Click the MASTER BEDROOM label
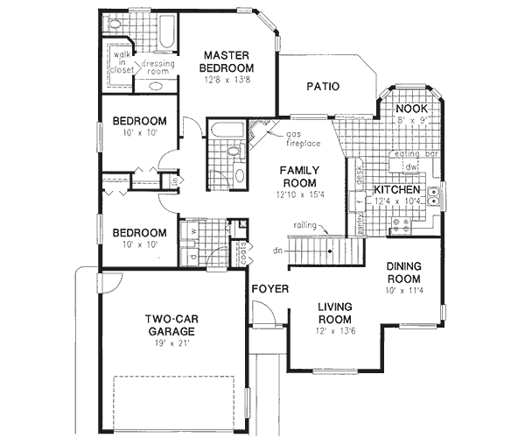coord(226,60)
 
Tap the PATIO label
coord(323,86)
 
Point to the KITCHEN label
coord(399,190)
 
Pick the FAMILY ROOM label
coord(298,178)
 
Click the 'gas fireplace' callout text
coord(302,138)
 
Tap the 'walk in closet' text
coord(120,62)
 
